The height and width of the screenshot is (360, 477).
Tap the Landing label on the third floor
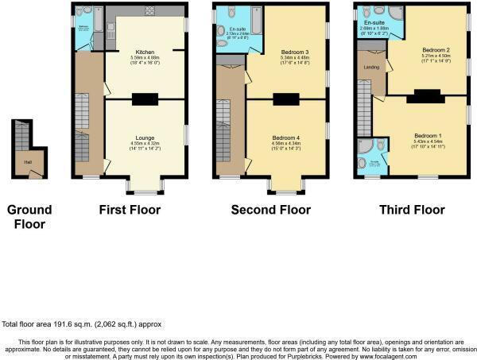[x=371, y=66]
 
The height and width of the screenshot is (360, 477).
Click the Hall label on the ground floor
[x=28, y=161]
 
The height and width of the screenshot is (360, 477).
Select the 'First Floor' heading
[x=130, y=211]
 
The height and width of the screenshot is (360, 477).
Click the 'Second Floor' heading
[x=271, y=211]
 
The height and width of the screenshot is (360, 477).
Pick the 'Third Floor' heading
[x=412, y=211]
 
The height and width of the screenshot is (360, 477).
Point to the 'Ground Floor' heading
[x=29, y=217]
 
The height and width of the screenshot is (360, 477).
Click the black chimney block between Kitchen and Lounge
[x=144, y=99]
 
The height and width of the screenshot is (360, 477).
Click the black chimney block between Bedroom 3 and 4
[x=285, y=99]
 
